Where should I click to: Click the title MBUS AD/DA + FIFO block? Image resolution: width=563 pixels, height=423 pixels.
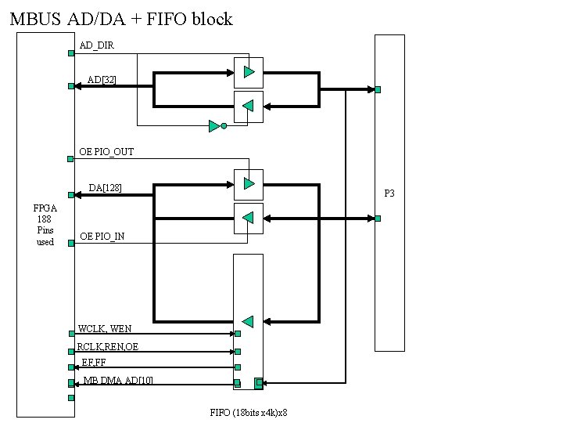click(121, 19)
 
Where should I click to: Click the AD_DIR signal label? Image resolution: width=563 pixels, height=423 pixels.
click(97, 45)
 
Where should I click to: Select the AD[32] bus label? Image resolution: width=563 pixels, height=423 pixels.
click(102, 80)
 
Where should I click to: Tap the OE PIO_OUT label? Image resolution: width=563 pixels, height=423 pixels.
click(106, 151)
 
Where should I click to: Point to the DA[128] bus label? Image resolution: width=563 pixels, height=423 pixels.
click(105, 188)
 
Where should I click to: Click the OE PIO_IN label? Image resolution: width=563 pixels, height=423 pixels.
click(102, 237)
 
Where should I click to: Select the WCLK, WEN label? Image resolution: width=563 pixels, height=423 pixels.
click(105, 328)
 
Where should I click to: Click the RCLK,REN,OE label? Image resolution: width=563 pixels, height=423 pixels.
click(108, 346)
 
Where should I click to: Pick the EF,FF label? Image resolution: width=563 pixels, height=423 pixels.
click(94, 362)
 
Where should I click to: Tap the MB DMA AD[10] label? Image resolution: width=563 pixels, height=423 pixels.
click(118, 380)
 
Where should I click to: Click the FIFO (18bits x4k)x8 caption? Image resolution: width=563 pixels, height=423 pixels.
click(249, 413)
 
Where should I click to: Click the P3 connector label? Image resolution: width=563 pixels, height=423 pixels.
click(389, 193)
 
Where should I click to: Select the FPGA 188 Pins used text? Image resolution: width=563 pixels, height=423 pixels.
click(45, 225)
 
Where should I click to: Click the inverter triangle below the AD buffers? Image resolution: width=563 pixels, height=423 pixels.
click(214, 125)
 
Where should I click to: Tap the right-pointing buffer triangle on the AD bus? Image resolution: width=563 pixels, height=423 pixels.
click(249, 72)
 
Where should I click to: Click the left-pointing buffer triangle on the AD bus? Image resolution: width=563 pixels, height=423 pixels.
click(248, 107)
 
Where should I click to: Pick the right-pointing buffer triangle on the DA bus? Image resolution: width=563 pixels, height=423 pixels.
click(249, 184)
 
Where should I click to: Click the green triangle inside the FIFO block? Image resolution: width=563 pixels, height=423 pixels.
click(248, 321)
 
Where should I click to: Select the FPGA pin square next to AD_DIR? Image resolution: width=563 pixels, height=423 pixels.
click(71, 53)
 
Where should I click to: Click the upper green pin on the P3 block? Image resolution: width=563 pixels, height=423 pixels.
click(378, 89)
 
